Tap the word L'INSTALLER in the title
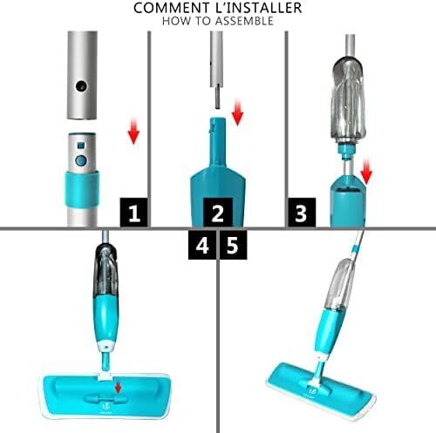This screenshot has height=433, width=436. [255, 8]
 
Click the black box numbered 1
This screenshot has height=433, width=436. [134, 213]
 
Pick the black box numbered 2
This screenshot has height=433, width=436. [218, 213]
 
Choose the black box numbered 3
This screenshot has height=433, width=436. [302, 213]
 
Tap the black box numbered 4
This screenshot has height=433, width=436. [202, 245]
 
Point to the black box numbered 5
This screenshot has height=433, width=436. [234, 245]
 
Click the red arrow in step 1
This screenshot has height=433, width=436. [133, 132]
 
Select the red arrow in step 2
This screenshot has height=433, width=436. [237, 112]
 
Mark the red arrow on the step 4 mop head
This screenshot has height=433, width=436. [118, 388]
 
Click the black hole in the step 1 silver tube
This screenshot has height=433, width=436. [81, 86]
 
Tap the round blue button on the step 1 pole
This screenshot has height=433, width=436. [81, 160]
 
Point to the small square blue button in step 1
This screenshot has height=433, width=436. [81, 145]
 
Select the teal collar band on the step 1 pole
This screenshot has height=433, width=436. [82, 189]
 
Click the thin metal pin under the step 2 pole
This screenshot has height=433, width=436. [218, 98]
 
